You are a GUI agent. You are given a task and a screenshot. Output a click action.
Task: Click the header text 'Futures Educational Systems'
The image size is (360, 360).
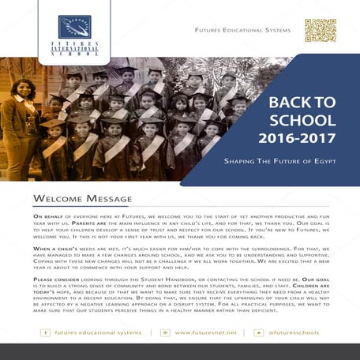242,31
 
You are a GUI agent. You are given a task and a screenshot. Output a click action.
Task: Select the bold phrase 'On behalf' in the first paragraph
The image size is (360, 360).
47,215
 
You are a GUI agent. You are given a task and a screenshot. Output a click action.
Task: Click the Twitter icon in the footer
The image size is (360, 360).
258,332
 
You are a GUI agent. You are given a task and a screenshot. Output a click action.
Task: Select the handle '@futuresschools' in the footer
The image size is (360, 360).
293,332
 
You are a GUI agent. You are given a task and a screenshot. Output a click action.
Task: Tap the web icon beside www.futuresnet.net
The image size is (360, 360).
164,332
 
